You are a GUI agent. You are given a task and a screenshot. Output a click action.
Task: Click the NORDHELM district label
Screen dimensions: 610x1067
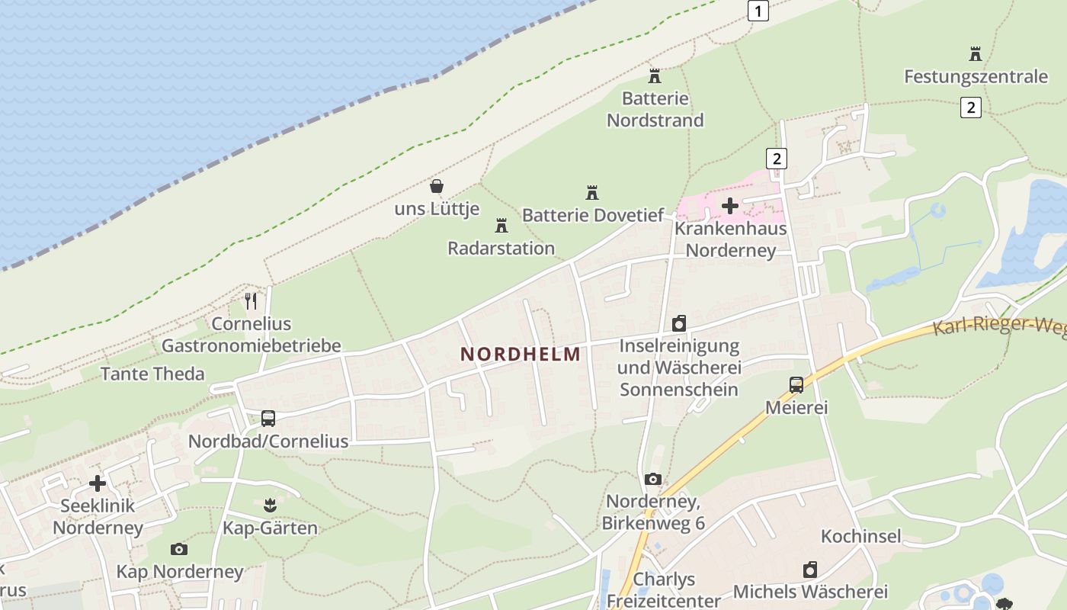521,354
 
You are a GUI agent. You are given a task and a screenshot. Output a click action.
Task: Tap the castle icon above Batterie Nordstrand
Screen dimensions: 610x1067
654,75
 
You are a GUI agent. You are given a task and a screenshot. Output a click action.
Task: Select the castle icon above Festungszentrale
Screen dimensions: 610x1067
976,53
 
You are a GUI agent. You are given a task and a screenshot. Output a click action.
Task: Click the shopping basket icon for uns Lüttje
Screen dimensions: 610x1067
437,185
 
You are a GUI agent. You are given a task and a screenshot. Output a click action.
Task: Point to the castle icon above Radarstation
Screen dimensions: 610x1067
501,225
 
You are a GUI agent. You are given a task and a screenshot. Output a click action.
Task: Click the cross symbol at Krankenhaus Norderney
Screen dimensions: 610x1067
730,205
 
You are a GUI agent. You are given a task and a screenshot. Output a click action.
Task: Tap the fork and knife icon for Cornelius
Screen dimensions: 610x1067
251,301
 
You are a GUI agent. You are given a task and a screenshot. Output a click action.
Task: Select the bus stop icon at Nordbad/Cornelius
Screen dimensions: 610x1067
268,418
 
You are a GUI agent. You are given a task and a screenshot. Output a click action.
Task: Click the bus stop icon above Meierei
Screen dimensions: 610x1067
796,384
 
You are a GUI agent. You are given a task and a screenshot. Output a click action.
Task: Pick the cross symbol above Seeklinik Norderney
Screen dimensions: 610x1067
98,483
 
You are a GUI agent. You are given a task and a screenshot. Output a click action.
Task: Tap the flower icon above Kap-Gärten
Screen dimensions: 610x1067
270,505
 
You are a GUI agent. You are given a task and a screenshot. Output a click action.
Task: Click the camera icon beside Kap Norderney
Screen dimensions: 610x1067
179,549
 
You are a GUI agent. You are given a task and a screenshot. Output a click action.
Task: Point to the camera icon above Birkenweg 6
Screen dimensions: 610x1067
652,479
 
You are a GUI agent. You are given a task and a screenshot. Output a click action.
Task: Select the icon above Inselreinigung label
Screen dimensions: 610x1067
679,323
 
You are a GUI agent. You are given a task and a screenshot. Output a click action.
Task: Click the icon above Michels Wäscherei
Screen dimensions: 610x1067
810,569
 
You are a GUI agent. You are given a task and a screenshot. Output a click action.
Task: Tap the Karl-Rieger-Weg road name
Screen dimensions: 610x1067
998,326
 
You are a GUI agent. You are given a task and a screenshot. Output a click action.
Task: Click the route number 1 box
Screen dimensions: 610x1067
758,11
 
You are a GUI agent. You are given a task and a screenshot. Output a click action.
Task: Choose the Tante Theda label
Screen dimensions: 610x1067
152,374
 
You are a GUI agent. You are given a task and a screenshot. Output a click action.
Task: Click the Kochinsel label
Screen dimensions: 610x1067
860,536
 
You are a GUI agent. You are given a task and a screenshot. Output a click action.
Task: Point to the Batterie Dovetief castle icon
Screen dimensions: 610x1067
591,192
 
